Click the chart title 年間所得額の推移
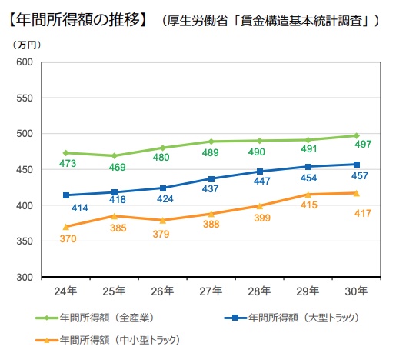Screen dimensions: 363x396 [x=77, y=16]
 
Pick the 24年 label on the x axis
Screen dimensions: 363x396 [x=65, y=291]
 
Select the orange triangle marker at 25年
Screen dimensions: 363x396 [x=114, y=216]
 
